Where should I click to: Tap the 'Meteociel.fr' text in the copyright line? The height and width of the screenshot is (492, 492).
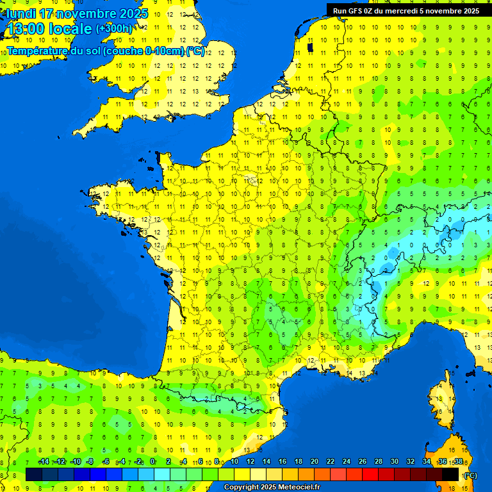297,488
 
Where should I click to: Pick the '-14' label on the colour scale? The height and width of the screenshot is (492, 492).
44,462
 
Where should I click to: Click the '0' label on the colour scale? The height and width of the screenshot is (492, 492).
152,462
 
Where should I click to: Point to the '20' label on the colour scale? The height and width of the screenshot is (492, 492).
314,462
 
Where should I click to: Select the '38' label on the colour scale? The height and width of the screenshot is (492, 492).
458,462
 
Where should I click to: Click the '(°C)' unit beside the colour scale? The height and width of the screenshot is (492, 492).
471,475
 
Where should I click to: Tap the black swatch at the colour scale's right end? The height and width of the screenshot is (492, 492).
450,474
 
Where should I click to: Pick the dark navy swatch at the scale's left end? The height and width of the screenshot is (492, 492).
34,474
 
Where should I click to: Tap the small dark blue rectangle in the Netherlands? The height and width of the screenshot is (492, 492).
311,47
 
